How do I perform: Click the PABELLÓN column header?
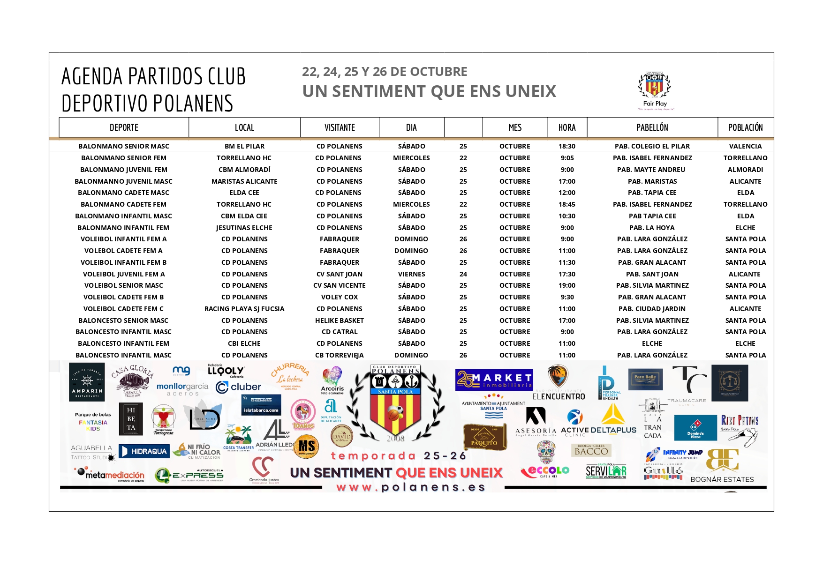point(652,127)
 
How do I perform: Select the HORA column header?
point(567,127)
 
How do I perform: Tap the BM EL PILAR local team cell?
point(244,146)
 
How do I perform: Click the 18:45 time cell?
point(567,204)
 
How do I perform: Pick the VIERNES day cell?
point(411,274)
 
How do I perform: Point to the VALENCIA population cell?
point(745,146)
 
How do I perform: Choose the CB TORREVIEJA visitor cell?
point(339,355)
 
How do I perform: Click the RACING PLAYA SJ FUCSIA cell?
point(244,309)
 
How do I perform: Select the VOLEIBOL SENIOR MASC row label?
point(123,285)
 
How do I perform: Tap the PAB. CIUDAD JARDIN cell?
point(652,309)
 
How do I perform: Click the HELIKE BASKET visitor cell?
point(339,320)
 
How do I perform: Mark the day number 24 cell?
point(463,274)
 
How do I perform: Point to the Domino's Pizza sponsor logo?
point(695,427)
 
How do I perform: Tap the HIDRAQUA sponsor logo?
point(144,451)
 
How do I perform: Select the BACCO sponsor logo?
point(591,451)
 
